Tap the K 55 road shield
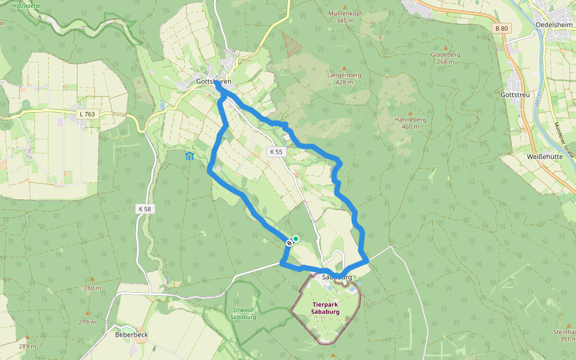[276, 152]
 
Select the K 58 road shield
[145, 209]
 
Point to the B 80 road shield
[502, 28]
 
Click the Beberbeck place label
[131, 335]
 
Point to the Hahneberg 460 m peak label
[410, 123]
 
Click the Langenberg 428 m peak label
[344, 79]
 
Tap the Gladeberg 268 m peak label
[445, 58]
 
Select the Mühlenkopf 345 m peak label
[346, 17]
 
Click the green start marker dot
[296, 238]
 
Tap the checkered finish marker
[289, 242]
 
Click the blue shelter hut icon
[190, 157]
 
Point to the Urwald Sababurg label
[244, 313]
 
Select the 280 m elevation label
[92, 288]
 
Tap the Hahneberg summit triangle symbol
[410, 113]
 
